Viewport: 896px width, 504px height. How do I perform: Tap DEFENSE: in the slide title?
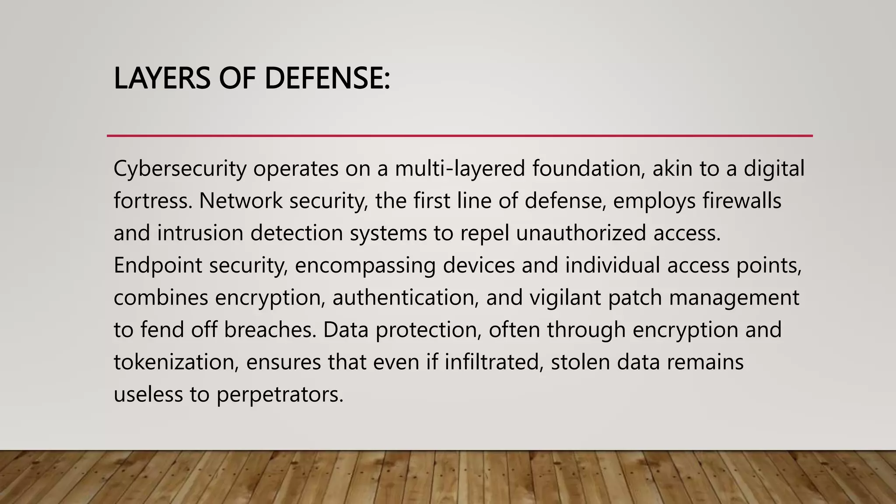click(327, 79)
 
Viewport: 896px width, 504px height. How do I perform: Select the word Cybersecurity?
click(180, 169)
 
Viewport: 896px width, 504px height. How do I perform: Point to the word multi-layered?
click(460, 169)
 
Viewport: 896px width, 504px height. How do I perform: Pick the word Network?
click(241, 201)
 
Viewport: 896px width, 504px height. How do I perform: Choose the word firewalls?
click(742, 201)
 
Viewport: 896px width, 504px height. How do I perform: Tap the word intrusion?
click(200, 233)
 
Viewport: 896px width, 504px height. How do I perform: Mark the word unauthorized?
click(581, 233)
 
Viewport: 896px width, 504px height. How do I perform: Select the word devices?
click(479, 266)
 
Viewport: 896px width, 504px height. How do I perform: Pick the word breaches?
click(270, 330)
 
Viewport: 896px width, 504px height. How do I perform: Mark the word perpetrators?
click(280, 395)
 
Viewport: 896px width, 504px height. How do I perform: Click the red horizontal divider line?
click(459, 136)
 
